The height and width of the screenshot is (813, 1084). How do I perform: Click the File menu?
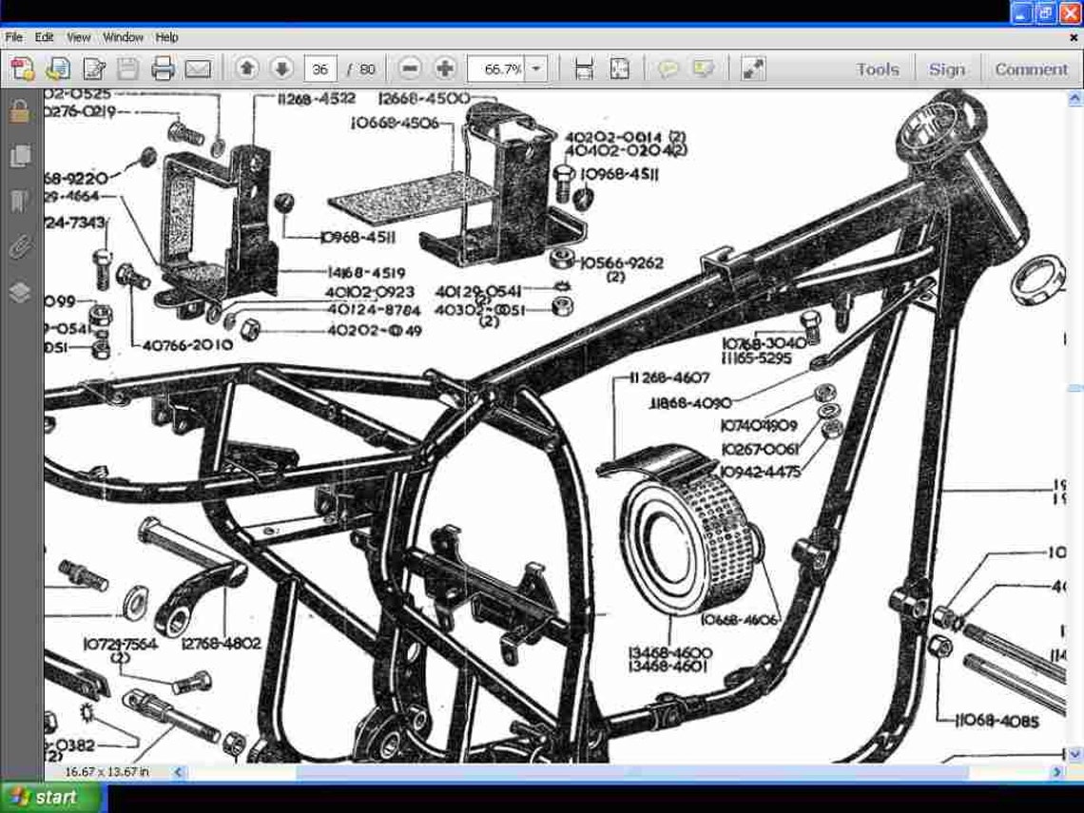[x=13, y=37]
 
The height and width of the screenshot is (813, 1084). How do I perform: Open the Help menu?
[x=166, y=37]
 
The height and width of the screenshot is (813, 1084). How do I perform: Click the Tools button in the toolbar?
[x=877, y=68]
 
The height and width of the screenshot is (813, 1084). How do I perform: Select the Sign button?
[x=946, y=68]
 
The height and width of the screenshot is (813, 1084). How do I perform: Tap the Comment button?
[x=1031, y=68]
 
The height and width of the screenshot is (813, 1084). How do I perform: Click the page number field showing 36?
[x=320, y=68]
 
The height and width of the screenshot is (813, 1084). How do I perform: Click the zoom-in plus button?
[x=444, y=68]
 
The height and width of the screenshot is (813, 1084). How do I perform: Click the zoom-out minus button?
[x=410, y=68]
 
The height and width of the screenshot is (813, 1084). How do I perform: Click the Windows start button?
[x=43, y=797]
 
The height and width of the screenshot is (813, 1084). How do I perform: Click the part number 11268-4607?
[x=668, y=377]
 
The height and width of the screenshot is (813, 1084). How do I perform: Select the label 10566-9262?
[x=621, y=262]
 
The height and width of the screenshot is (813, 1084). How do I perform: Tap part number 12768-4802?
[x=221, y=644]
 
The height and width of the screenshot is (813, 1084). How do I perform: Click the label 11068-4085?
[x=997, y=722]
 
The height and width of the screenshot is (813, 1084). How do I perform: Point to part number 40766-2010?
[x=187, y=344]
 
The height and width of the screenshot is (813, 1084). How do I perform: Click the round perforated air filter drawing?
[x=689, y=547]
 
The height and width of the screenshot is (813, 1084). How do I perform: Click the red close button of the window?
[x=1074, y=12]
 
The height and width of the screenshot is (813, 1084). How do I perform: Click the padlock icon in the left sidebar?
[x=19, y=111]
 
